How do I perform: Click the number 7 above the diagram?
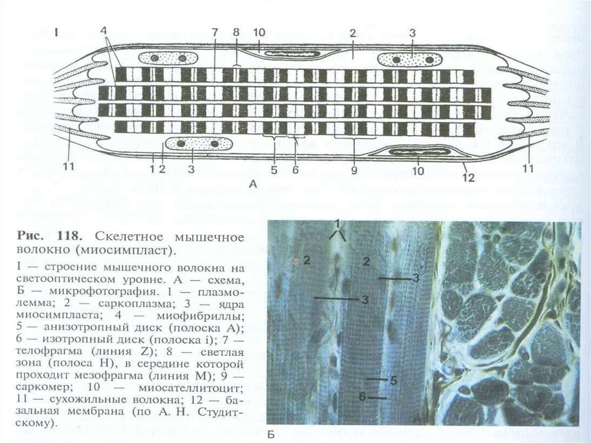pos(214,32)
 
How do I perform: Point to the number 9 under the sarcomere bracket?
pos(354,170)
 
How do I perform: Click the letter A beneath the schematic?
pos(252,184)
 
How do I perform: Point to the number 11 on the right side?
pos(526,169)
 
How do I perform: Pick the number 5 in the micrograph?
pos(392,381)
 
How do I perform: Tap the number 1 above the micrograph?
pos(338,222)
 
